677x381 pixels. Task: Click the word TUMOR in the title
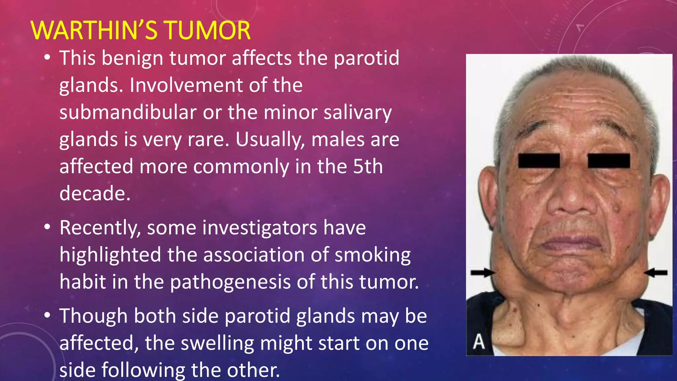207,30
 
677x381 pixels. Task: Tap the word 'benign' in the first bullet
132,58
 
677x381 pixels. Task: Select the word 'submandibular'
128,112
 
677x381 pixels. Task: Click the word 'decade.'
95,193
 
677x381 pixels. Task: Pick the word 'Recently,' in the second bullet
100,228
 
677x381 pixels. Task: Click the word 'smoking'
373,255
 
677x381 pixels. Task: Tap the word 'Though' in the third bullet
94,316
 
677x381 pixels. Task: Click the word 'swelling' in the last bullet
217,343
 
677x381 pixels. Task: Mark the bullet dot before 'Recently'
47,228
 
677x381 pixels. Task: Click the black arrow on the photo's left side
483,273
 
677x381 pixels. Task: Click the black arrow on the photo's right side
656,273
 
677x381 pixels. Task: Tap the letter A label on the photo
479,342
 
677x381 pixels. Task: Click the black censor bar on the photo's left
539,161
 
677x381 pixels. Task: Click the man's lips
572,244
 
